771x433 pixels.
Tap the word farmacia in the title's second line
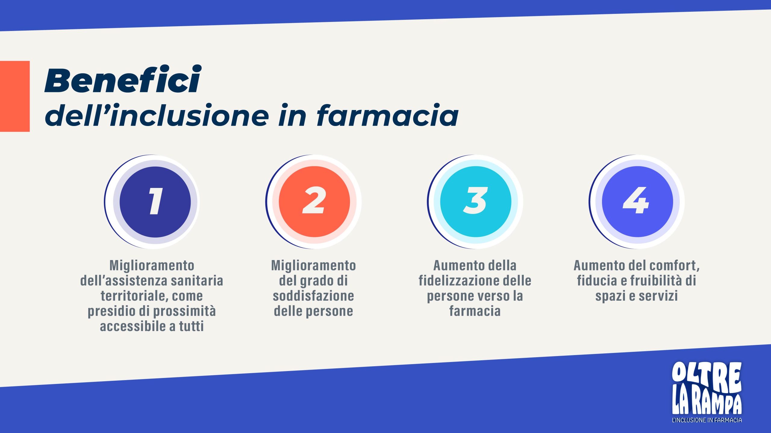[x=388, y=115]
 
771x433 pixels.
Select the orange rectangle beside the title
[x=15, y=96]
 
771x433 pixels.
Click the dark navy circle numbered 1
[x=155, y=202]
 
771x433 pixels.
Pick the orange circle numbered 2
[x=314, y=202]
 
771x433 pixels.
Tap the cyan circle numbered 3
[x=476, y=202]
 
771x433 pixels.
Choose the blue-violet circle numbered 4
[x=637, y=202]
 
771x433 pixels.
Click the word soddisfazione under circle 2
[x=314, y=296]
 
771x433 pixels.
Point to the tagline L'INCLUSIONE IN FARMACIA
[x=707, y=420]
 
